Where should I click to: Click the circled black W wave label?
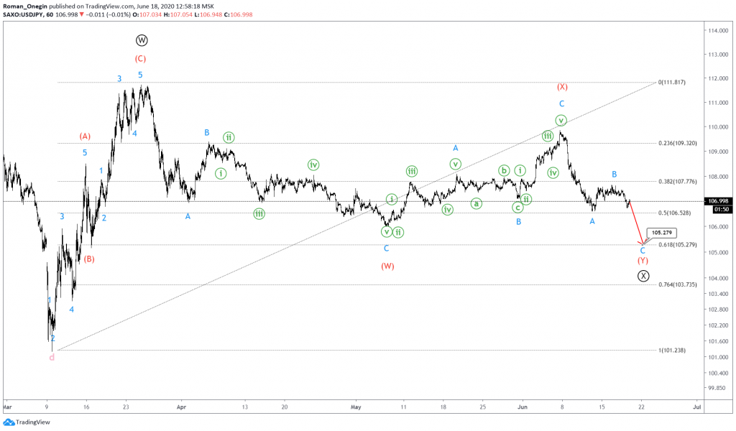coord(141,41)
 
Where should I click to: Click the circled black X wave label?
coord(643,275)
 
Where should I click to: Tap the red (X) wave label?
coord(562,87)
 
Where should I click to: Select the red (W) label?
coord(387,266)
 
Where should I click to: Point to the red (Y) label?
coord(643,260)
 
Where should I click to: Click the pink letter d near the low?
coord(52,357)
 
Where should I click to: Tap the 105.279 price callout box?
coord(663,233)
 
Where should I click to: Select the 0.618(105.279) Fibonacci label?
coord(678,245)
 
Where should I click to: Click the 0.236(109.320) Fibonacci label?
coord(678,143)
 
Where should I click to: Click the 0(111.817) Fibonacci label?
coord(676,83)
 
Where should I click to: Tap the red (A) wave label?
coord(85,136)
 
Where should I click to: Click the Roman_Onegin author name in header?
coord(27,6)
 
